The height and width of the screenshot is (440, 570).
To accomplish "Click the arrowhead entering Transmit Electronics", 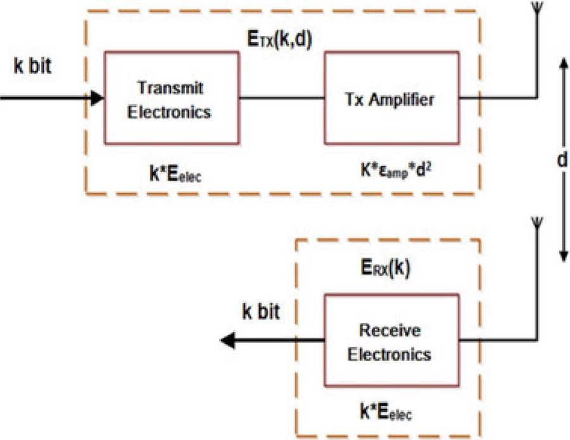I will [x=96, y=97].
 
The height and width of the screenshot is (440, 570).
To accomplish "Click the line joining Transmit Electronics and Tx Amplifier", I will [x=282, y=98].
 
